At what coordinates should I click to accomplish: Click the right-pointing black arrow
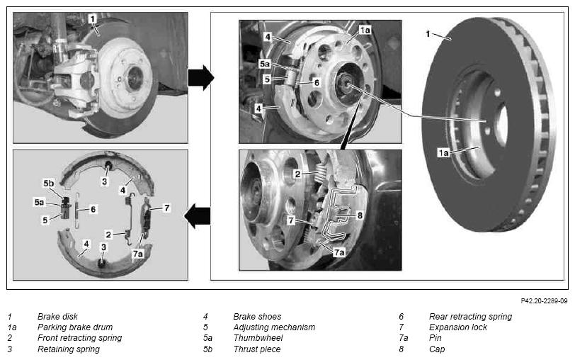[201, 78]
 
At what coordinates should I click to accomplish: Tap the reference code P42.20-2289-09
[544, 301]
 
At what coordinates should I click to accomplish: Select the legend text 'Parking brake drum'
[75, 327]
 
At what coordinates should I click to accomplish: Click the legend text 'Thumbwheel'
[258, 337]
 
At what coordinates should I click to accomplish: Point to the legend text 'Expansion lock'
[458, 327]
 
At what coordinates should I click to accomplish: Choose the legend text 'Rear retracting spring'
[470, 316]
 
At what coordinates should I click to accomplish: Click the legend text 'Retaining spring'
[69, 349]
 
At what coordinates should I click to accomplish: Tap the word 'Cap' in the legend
[437, 349]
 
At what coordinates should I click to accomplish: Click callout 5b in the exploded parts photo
[48, 183]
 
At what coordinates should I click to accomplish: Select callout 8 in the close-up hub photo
[360, 215]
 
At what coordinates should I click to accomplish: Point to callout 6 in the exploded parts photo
[93, 209]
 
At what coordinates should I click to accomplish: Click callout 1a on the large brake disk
[443, 152]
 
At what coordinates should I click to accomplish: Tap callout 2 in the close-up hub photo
[297, 174]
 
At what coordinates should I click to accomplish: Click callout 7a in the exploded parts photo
[138, 254]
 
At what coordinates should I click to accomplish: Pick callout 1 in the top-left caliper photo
[93, 18]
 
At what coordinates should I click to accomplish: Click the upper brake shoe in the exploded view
[106, 163]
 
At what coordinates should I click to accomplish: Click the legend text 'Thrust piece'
[256, 349]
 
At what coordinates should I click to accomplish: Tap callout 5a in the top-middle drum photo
[264, 64]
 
